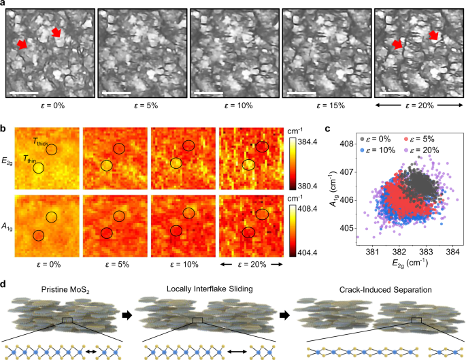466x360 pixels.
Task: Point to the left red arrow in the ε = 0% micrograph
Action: click(22, 44)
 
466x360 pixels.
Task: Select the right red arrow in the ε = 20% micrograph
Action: click(433, 34)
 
